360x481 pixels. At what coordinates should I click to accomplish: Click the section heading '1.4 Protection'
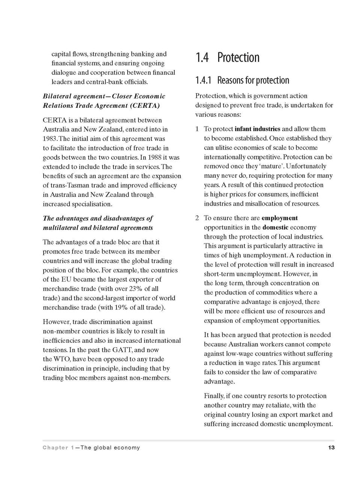tap(227, 57)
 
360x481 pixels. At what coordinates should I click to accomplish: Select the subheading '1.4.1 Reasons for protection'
tap(242, 80)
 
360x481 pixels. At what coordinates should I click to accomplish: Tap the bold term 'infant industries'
tap(257, 129)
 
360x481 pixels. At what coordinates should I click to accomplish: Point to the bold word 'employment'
tap(280, 218)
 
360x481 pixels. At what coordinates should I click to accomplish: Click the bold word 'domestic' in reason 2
tap(275, 227)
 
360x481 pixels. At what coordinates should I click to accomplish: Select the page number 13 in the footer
tap(331, 448)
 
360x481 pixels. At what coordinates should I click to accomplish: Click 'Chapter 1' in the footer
tap(58, 448)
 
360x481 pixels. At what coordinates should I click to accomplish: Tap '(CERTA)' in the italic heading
tap(145, 106)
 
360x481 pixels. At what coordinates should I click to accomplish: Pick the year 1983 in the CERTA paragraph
tap(50, 139)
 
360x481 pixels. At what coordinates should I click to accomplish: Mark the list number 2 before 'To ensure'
tap(197, 218)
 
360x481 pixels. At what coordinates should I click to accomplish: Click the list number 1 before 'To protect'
tap(197, 129)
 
